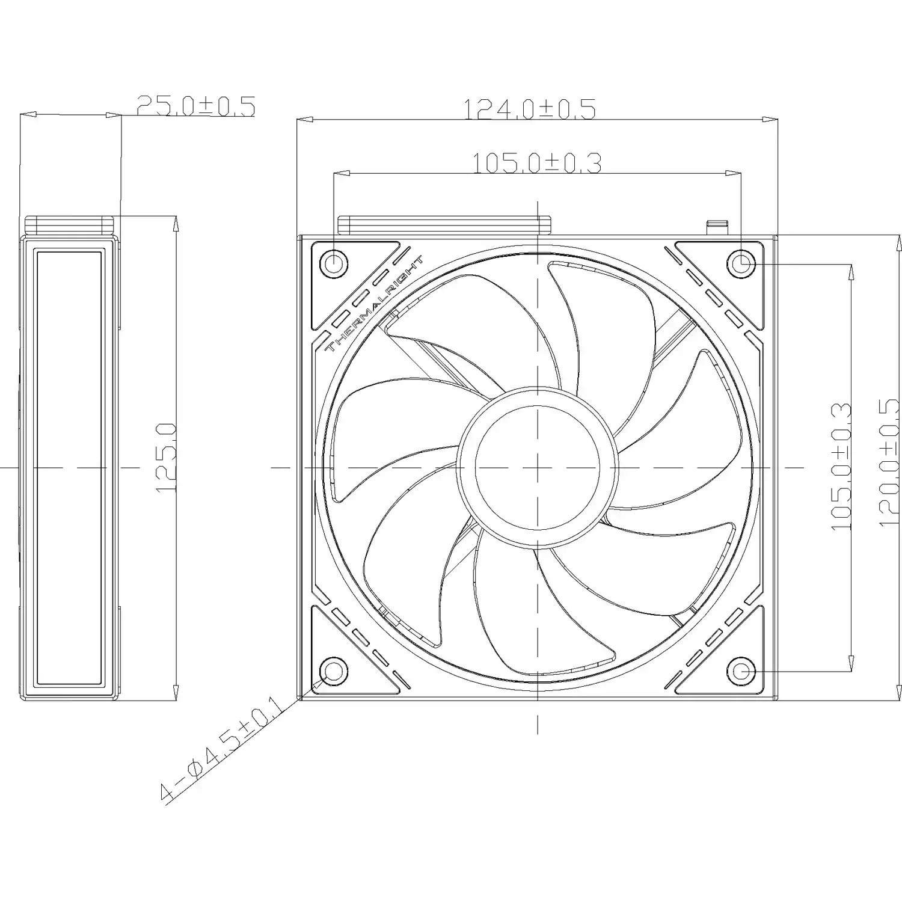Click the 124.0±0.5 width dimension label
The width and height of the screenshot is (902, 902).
coord(529,109)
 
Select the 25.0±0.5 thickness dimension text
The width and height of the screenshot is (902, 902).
coord(196,106)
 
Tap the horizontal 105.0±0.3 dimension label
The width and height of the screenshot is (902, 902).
coord(536,163)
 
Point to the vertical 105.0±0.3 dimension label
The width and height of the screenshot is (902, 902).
coord(841,467)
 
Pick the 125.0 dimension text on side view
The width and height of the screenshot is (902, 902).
coord(166,458)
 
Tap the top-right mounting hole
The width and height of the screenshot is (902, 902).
coord(741,263)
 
